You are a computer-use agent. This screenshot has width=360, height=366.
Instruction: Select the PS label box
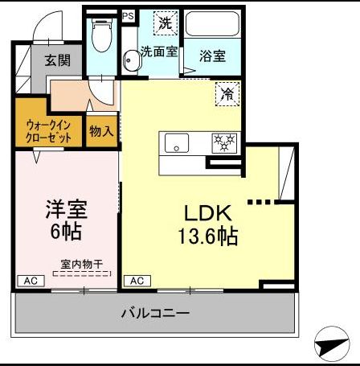(128, 15)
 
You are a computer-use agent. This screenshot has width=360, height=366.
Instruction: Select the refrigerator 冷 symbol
(227, 95)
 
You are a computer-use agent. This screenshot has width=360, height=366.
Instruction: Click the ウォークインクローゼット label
(47, 131)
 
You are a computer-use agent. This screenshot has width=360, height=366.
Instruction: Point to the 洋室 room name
(65, 211)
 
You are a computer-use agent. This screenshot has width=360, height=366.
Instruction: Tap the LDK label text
(208, 213)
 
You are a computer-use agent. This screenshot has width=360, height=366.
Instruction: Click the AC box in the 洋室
(30, 281)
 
